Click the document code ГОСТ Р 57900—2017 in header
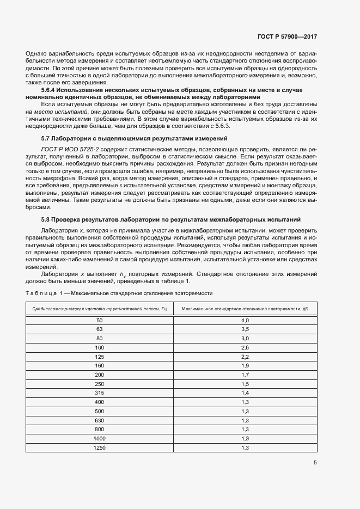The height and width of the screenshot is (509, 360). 286,37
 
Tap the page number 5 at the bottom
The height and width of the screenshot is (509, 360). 315,463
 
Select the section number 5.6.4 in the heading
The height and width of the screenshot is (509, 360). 49,89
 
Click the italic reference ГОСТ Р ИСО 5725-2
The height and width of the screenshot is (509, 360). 67,148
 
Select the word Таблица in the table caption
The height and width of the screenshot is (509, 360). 40,293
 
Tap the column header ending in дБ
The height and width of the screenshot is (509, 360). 245,309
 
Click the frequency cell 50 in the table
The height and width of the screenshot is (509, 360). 99,321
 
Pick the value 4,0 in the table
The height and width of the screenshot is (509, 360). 245,321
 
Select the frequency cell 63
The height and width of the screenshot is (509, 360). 99,329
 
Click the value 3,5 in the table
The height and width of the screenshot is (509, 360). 245,329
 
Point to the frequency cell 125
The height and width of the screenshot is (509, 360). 99,357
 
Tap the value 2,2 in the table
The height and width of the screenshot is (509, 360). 245,357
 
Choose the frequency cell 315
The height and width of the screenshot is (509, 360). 99,393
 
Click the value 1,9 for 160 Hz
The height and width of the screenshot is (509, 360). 245,366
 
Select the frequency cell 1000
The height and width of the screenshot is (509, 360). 99,438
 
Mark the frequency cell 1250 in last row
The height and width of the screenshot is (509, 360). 99,447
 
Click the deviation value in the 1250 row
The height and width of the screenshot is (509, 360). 245,447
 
